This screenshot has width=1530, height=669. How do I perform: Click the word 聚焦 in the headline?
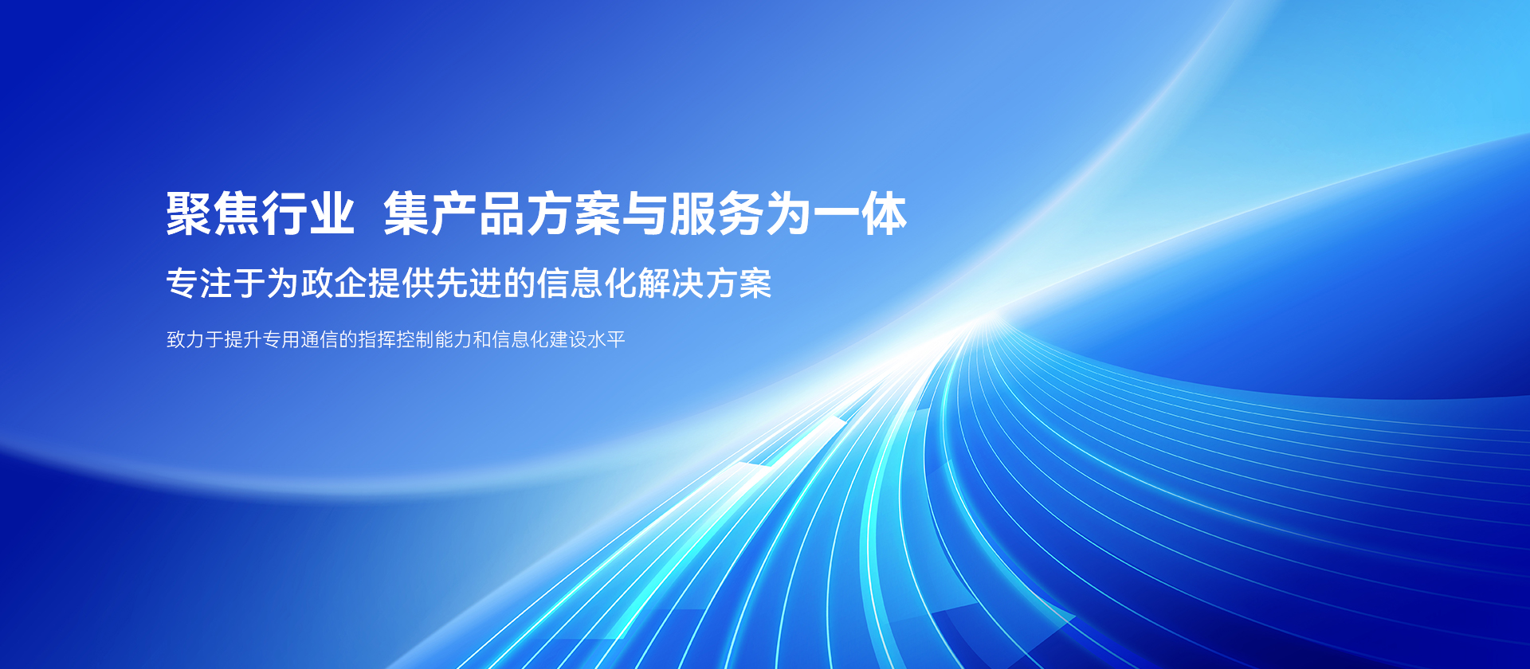coord(213,213)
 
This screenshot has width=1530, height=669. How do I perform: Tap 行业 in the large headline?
coord(308,213)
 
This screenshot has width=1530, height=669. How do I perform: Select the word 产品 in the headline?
coord(477,213)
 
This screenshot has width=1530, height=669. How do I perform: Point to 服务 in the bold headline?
coord(716,213)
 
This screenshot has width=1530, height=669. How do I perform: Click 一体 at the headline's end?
coord(860,213)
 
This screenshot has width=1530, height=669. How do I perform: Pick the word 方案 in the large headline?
coord(572,213)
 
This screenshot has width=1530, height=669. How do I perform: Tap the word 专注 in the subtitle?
coord(199,283)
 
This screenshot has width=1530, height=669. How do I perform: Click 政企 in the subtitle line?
coord(334,283)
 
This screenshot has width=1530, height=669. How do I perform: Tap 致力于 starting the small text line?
coord(194,339)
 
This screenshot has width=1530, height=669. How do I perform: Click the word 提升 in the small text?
coord(242,339)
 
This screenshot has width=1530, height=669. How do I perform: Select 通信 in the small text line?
coord(319,339)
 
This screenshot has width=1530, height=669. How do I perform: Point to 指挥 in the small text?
coord(376,339)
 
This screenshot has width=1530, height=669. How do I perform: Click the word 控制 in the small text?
coord(414,339)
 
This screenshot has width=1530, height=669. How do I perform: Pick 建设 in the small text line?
coord(567,339)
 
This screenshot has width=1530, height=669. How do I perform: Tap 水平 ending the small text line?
coord(606,339)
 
